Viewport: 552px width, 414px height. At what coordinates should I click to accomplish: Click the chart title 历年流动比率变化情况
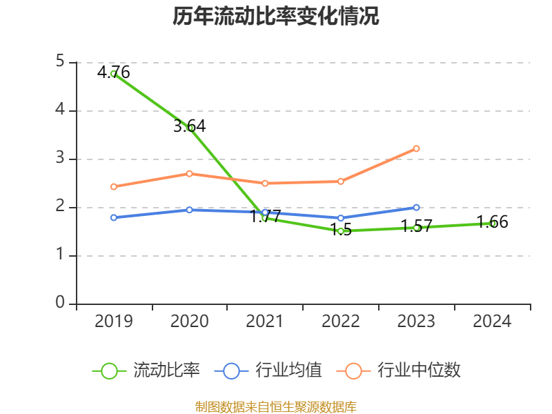pyautogui.click(x=276, y=17)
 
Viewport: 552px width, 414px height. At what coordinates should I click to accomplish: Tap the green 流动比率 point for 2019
pyautogui.click(x=113, y=73)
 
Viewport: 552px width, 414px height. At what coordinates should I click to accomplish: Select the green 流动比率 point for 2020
pyautogui.click(x=190, y=128)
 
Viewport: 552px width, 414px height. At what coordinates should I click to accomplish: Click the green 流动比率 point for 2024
pyautogui.click(x=492, y=224)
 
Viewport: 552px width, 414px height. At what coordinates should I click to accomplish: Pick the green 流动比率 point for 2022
pyautogui.click(x=340, y=230)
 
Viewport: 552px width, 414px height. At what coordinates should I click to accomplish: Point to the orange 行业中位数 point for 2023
pyautogui.click(x=416, y=148)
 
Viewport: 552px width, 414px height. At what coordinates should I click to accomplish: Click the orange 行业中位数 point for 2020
pyautogui.click(x=189, y=173)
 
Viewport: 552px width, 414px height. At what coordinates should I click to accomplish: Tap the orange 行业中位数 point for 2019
pyautogui.click(x=113, y=186)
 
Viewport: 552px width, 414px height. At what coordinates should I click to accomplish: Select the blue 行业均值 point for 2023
pyautogui.click(x=416, y=207)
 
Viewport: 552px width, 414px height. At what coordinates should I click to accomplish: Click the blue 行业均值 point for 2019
pyautogui.click(x=113, y=217)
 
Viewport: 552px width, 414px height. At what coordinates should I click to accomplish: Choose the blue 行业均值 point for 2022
pyautogui.click(x=340, y=218)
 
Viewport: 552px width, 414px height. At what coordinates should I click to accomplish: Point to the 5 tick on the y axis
pyautogui.click(x=60, y=62)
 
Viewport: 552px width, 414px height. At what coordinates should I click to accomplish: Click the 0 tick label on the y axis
pyautogui.click(x=60, y=304)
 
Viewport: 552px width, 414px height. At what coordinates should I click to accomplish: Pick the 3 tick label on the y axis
pyautogui.click(x=60, y=159)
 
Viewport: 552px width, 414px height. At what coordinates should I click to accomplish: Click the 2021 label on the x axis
pyautogui.click(x=265, y=322)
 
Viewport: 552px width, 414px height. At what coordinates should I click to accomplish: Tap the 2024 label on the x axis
pyautogui.click(x=492, y=322)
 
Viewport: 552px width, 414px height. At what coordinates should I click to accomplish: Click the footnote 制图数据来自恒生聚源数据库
pyautogui.click(x=276, y=406)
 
